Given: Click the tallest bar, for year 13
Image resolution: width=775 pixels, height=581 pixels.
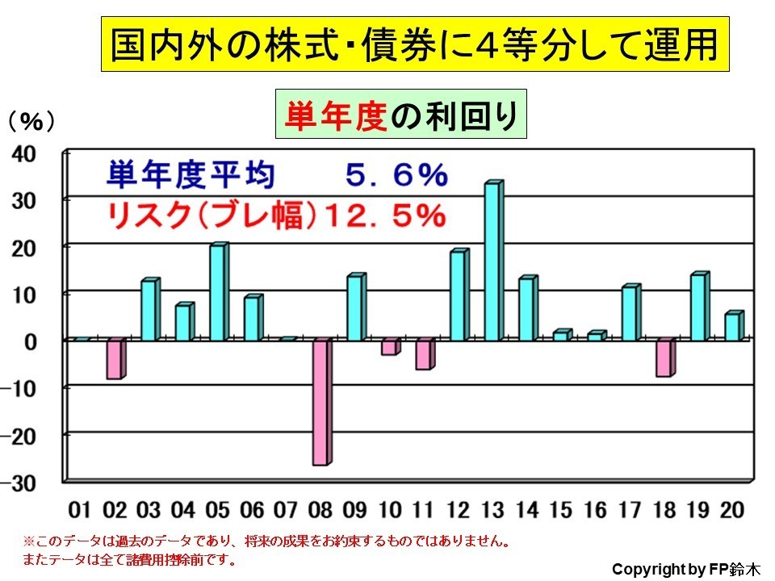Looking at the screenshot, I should [493, 261].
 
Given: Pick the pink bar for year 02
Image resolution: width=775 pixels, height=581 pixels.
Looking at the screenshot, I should [115, 359].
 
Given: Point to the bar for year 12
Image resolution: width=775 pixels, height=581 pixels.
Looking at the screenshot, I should [459, 295].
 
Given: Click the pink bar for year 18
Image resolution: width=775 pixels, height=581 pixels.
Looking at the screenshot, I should [664, 358].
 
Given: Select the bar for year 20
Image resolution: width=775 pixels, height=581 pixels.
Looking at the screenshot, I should [732, 326].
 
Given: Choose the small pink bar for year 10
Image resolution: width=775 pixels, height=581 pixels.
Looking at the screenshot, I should [390, 347].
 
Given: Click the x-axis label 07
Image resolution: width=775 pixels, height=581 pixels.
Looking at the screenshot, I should [287, 510].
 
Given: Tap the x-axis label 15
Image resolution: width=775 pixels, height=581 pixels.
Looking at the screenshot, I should [561, 510].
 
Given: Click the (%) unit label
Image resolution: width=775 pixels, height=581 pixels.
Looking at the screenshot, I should [31, 121].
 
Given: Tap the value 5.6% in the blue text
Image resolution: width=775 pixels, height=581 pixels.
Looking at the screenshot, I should [395, 173].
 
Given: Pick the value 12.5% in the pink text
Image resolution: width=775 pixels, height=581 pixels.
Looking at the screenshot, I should [387, 215].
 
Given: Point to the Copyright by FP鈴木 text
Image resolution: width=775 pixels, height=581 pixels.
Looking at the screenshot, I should [685, 568].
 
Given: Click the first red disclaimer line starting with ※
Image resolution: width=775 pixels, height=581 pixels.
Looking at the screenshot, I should [266, 540].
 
